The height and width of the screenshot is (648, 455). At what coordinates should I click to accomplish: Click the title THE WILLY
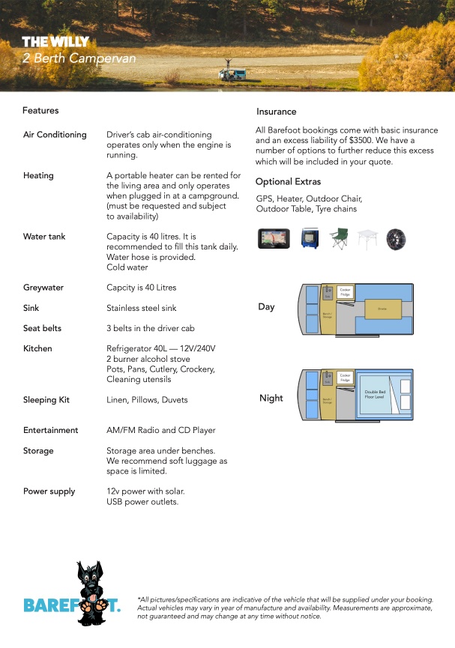tap(55, 42)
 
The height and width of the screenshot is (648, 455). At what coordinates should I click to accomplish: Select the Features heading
tap(40, 111)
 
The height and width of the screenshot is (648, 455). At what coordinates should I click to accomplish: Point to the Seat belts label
tap(43, 329)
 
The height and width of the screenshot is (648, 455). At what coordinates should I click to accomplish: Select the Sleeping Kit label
tap(46, 400)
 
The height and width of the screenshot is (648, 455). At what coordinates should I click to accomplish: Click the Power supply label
tap(49, 491)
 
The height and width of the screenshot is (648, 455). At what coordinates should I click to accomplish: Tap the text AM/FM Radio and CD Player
tap(161, 431)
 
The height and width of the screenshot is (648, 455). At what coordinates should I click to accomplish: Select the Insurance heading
tap(277, 112)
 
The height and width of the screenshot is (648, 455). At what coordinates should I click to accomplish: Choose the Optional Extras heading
tap(288, 182)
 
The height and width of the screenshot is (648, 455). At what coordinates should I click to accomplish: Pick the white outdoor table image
tap(367, 239)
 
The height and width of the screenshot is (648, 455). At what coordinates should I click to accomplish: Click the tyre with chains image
tap(396, 239)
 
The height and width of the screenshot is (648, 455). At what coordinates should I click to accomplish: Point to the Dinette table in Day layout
tap(382, 307)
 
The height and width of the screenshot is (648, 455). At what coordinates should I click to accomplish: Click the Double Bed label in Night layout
tap(375, 394)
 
